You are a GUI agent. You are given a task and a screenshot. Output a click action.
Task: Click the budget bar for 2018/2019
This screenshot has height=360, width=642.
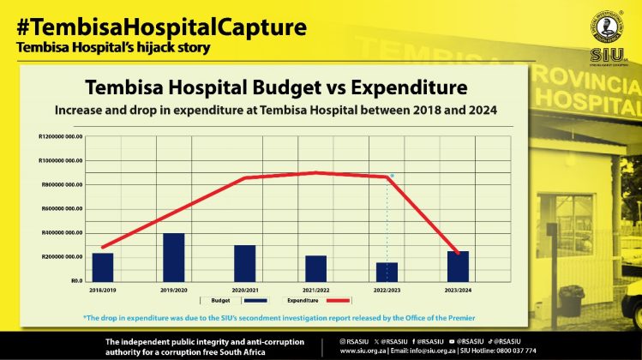[x=103, y=267]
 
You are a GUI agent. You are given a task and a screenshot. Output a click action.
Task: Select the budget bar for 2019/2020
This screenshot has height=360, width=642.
[x=174, y=257]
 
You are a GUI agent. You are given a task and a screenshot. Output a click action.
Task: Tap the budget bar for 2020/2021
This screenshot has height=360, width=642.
[x=245, y=263]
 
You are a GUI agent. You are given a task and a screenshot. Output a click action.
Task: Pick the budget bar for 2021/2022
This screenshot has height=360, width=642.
[x=315, y=268]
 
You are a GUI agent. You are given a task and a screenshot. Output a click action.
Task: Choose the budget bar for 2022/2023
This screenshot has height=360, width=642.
[x=387, y=272]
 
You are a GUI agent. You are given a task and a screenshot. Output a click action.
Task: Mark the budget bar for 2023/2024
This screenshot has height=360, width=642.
[x=458, y=266]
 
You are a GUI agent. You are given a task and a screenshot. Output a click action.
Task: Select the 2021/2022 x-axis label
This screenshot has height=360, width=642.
[x=315, y=290]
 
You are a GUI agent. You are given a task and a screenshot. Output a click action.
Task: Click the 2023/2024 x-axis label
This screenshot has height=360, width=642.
[x=458, y=290]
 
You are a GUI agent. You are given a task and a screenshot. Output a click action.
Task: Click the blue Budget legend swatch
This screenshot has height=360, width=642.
[x=255, y=301]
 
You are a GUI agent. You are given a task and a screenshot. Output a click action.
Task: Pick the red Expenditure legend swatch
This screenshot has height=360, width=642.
[x=339, y=301]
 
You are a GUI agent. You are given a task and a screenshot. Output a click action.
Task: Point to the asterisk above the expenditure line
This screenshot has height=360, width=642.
[x=393, y=176]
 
